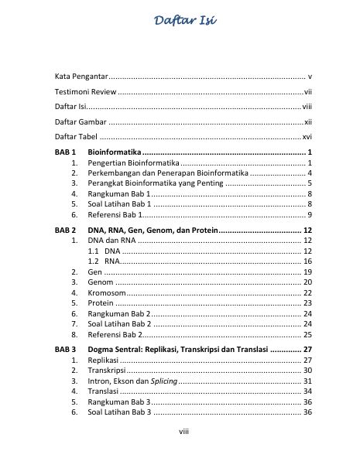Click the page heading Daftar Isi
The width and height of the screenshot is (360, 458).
click(x=180, y=22)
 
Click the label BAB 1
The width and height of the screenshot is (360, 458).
click(x=64, y=152)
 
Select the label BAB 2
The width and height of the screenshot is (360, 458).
click(x=64, y=231)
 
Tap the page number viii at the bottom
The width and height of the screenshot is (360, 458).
click(x=180, y=431)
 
